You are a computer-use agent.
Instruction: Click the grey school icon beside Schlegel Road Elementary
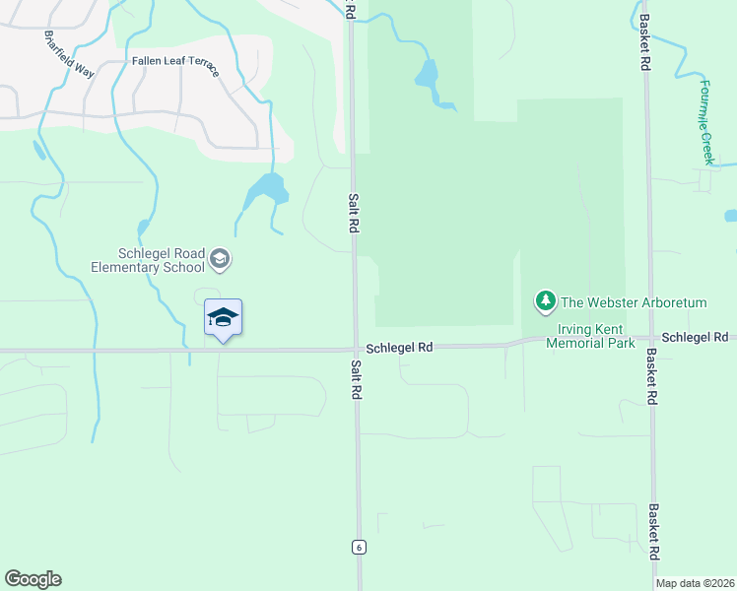click(219, 260)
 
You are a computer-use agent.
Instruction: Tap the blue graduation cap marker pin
click(223, 317)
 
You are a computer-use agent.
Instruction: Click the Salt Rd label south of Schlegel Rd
click(357, 377)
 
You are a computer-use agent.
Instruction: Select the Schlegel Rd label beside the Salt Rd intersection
click(400, 348)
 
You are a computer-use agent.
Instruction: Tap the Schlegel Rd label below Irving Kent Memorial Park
click(695, 337)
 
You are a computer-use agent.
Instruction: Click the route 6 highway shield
click(360, 548)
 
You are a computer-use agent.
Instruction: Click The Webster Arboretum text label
click(634, 302)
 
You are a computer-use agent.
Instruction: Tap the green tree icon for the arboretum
click(544, 299)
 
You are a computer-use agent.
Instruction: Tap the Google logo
click(33, 579)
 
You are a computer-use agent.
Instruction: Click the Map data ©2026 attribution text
click(696, 583)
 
